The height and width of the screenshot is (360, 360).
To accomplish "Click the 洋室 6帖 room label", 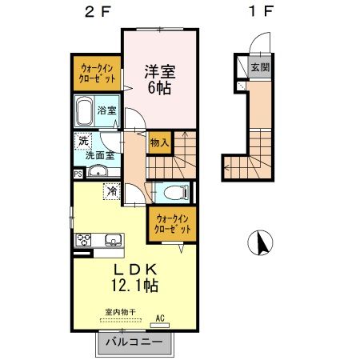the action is [159, 79].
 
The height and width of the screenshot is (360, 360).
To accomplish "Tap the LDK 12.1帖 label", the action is [135, 278].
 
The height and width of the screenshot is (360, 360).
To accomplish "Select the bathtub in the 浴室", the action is [84, 111].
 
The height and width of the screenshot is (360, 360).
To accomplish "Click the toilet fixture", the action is [176, 192].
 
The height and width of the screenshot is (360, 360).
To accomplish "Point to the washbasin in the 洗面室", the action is [98, 171].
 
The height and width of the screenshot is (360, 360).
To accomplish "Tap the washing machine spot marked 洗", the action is [83, 141].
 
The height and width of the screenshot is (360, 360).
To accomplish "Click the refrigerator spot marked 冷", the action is [111, 191].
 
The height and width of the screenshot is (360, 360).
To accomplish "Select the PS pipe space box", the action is [78, 174].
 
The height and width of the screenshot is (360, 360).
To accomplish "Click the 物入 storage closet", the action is [160, 143].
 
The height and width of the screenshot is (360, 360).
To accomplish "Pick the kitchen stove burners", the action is [83, 240].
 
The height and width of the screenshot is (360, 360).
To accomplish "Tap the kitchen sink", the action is [114, 240].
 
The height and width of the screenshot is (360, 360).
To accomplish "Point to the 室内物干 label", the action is [121, 312].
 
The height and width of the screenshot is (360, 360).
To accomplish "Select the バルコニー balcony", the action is [134, 343].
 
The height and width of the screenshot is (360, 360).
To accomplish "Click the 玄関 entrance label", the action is [260, 67].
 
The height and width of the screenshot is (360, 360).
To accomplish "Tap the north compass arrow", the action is [263, 244].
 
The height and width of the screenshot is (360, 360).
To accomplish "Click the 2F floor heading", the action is [98, 12].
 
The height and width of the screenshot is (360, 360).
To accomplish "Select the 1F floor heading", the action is [261, 11].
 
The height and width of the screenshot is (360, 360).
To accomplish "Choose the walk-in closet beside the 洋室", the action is [97, 73].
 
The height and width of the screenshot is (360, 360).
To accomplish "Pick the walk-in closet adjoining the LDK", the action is [173, 224].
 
